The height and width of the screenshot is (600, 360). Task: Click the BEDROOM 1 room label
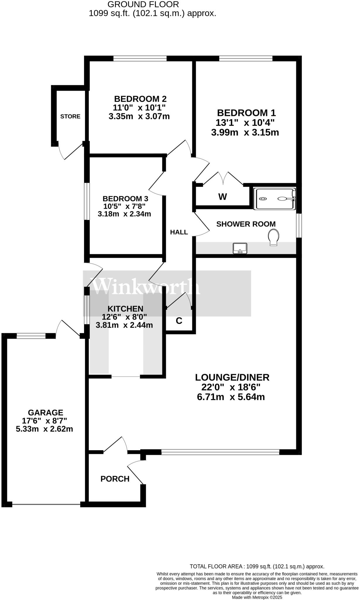click(x=246, y=113)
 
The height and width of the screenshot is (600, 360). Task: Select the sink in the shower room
click(x=240, y=248)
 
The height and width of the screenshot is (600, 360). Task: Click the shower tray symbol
click(x=275, y=199)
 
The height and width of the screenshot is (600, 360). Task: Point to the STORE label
click(x=70, y=116)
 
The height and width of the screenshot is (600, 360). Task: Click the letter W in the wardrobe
click(x=223, y=197)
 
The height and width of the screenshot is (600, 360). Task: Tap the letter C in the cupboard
click(x=179, y=321)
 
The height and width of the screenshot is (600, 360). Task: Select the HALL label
click(x=179, y=232)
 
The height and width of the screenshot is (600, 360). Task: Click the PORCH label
click(x=115, y=479)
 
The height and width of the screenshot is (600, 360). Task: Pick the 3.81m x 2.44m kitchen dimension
click(x=124, y=325)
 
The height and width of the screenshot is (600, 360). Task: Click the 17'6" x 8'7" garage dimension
click(x=45, y=421)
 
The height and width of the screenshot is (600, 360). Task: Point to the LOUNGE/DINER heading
click(x=232, y=377)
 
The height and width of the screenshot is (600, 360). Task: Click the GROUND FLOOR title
click(x=143, y=4)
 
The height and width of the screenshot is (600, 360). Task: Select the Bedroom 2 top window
click(x=140, y=59)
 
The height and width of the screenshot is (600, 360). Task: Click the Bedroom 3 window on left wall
click(x=87, y=201)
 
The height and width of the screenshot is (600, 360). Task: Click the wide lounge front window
click(x=220, y=452)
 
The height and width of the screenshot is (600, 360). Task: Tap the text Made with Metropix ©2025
click(x=257, y=597)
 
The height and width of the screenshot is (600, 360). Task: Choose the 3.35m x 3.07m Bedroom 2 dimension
click(x=139, y=117)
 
